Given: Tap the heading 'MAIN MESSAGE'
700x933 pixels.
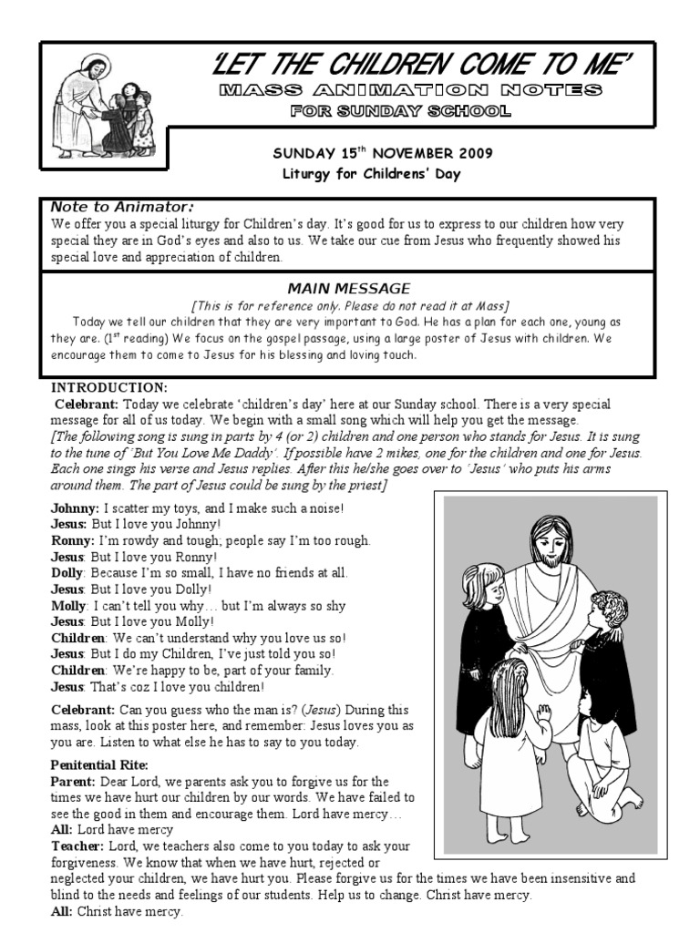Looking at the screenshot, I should pos(349,289).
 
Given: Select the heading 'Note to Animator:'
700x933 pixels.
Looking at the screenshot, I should pos(122,207).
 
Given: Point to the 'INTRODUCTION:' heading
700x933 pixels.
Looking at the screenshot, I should pos(109,387).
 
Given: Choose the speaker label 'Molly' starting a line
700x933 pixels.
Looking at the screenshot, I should pos(68,606).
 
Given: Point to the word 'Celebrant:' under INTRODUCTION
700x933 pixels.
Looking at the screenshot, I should pos(87,404).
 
